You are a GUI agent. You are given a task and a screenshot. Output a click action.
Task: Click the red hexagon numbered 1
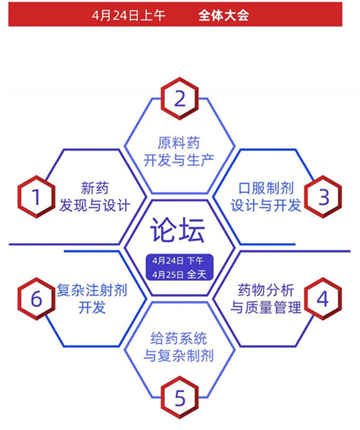[36, 197]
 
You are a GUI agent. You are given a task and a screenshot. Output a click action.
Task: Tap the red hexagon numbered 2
[179, 98]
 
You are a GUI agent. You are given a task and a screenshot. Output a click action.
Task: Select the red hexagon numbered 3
[323, 197]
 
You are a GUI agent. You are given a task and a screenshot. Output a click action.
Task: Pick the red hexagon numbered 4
[323, 298]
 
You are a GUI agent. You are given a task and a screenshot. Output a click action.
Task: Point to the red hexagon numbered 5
[179, 397]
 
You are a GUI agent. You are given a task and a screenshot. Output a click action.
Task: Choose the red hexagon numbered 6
[36, 298]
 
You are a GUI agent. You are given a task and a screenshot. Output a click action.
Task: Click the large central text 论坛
[178, 230]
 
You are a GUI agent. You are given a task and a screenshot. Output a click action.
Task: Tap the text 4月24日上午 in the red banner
[128, 15]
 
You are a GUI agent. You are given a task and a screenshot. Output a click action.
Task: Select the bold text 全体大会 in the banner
[223, 15]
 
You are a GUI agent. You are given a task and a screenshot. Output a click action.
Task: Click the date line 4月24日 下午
[178, 261]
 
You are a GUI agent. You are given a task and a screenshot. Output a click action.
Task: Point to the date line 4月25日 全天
[179, 274]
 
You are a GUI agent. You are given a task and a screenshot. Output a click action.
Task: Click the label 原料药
[179, 143]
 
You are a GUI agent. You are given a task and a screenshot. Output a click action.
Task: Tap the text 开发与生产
[179, 160]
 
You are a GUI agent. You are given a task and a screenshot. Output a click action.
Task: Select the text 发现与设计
[95, 205]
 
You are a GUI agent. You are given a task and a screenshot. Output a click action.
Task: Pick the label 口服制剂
[266, 188]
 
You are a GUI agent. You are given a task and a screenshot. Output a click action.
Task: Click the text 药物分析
[266, 290]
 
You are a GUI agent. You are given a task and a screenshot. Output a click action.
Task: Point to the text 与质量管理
[266, 307]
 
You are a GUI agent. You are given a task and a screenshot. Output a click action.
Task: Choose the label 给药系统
[179, 338]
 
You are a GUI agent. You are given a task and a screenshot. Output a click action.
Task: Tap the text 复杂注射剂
[92, 290]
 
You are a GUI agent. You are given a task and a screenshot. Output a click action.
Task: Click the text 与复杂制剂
[179, 356]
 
